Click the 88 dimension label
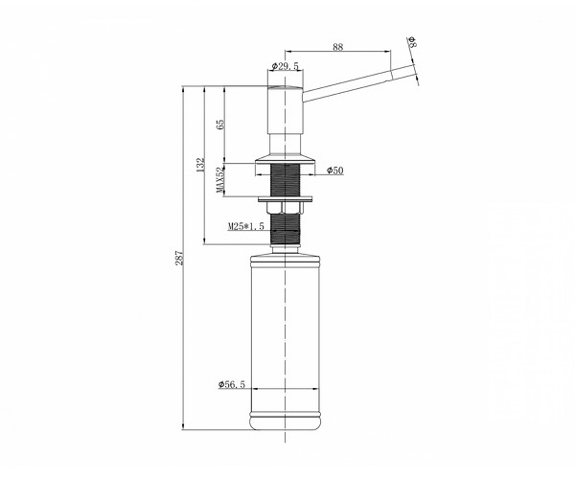[x=337, y=47]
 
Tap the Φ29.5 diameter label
[x=286, y=66]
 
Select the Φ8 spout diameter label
[x=412, y=42]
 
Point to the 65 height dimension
[x=220, y=125]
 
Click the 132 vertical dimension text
[x=200, y=166]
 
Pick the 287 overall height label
[x=179, y=258]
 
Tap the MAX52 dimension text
[x=220, y=180]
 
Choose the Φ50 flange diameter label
[x=335, y=171]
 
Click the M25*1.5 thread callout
[x=245, y=226]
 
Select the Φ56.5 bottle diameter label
[x=231, y=384]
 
